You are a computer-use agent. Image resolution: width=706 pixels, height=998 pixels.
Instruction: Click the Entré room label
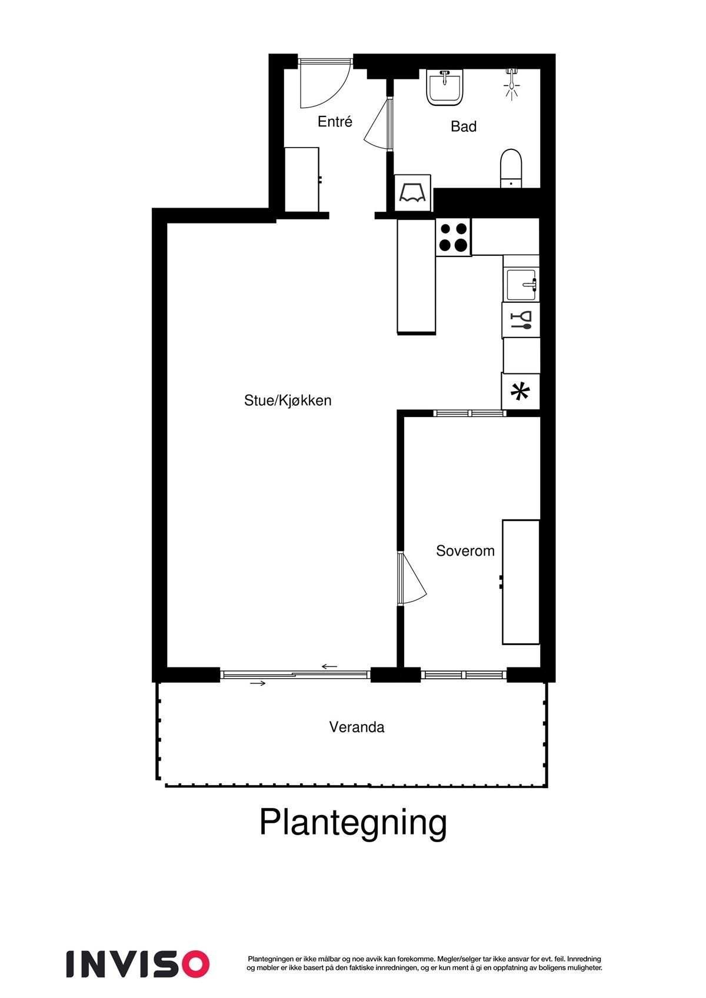coord(335,122)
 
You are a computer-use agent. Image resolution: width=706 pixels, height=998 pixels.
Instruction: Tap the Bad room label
coord(464,126)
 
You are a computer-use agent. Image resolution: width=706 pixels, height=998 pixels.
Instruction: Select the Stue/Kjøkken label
coord(288,400)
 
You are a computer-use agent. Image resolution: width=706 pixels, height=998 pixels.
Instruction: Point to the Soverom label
coord(465,551)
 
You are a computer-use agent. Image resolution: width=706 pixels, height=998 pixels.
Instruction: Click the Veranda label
coord(357,727)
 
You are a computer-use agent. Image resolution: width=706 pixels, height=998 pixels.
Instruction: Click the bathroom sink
coord(445,87)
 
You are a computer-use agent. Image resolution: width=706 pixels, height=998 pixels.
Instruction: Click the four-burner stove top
coord(453,237)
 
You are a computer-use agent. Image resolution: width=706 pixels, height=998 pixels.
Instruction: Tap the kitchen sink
coord(521,285)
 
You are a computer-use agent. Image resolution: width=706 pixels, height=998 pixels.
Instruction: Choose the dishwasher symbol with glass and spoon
coord(521,320)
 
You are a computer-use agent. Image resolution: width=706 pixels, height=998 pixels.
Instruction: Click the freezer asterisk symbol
coord(520,391)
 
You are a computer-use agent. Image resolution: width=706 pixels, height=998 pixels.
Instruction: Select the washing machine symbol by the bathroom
coord(412,193)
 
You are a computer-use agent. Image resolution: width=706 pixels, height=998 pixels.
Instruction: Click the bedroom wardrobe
coord(521,582)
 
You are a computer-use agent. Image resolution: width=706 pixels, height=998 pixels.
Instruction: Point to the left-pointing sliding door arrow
coord(329,666)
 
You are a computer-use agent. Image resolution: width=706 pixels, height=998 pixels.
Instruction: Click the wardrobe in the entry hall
coord(302,179)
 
